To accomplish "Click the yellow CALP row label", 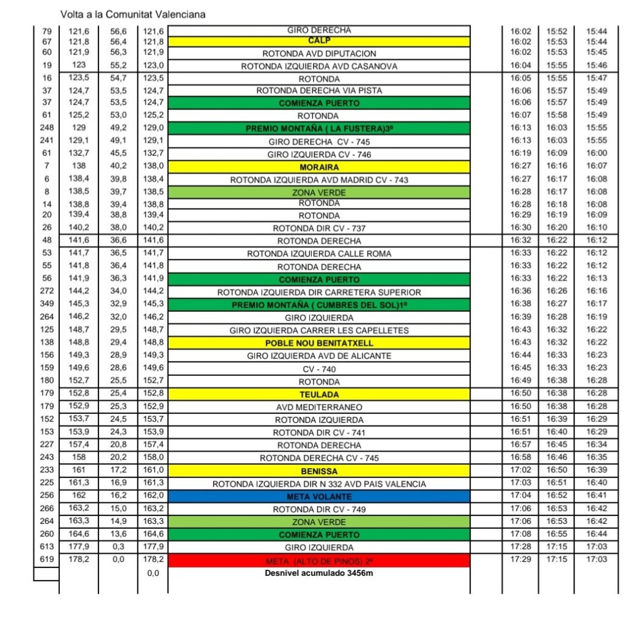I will click(x=319, y=42).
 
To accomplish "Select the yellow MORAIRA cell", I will click(x=319, y=167).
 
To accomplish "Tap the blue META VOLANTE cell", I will click(x=319, y=496).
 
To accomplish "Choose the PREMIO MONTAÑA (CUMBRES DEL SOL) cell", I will click(x=319, y=304).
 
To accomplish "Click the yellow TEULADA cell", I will click(x=319, y=394).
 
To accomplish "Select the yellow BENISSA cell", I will click(x=319, y=471).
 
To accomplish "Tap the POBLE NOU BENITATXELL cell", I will click(x=319, y=343).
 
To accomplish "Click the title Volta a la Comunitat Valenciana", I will click(x=133, y=14).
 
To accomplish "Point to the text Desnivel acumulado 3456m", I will click(x=319, y=573).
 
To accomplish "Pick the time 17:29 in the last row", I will click(x=520, y=559).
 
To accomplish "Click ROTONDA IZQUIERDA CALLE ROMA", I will click(x=319, y=254).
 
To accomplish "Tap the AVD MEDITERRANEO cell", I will click(x=319, y=407).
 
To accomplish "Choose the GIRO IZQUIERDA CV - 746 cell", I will click(x=319, y=155).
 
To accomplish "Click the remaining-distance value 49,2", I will click(x=118, y=128).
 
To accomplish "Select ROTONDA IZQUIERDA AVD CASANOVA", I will click(x=319, y=66).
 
